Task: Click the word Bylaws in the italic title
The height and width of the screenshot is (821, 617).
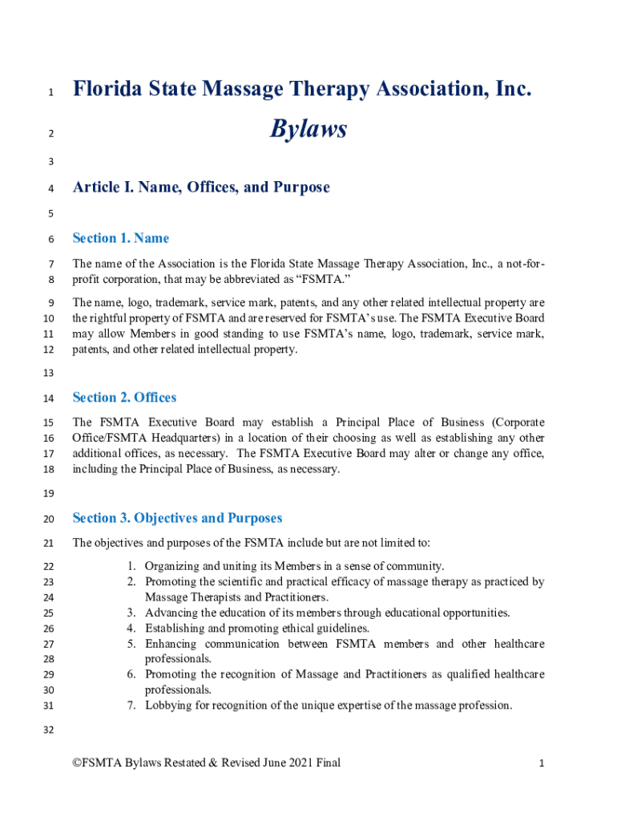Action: pyautogui.click(x=308, y=128)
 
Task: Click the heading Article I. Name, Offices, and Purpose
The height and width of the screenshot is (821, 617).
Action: pyautogui.click(x=201, y=188)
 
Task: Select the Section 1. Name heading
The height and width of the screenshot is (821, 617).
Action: pyautogui.click(x=120, y=238)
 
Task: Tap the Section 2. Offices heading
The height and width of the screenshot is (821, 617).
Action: pyautogui.click(x=124, y=398)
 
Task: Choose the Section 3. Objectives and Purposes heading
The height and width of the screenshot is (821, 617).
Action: pyautogui.click(x=177, y=518)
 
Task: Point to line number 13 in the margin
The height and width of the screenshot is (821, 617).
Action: pyautogui.click(x=50, y=374)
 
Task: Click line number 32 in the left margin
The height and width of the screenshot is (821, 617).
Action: pyautogui.click(x=50, y=730)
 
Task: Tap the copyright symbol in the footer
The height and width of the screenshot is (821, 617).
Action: pyautogui.click(x=77, y=763)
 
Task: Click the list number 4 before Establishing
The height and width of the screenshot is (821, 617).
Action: pyautogui.click(x=130, y=629)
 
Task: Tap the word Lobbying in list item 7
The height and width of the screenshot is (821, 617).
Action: pyautogui.click(x=168, y=706)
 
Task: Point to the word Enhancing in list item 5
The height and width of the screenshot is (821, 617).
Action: pyautogui.click(x=171, y=644)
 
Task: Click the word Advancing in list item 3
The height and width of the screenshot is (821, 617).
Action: pyautogui.click(x=171, y=613)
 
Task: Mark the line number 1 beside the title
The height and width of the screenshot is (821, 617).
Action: pyautogui.click(x=50, y=92)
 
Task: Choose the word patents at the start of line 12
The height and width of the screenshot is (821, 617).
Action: pyautogui.click(x=91, y=349)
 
